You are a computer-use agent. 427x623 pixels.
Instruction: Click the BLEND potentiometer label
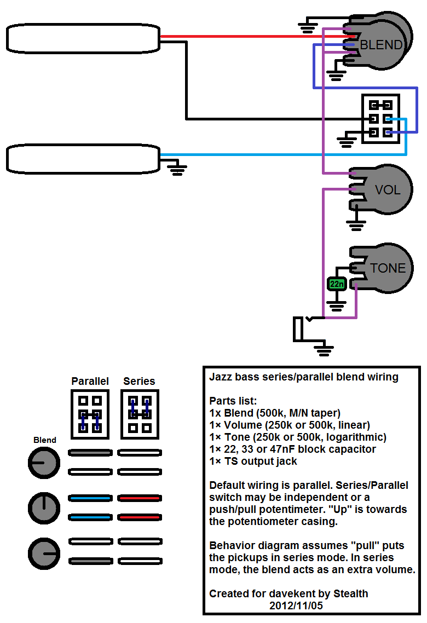coord(382,45)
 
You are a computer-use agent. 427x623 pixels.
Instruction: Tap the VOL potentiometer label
coord(388,190)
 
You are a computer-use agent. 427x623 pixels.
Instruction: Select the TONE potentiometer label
coord(388,268)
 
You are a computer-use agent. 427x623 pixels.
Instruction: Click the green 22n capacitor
coord(337,284)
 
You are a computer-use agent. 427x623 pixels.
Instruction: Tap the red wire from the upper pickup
coord(257,37)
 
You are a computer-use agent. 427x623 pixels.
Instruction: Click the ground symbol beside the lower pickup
coord(177,168)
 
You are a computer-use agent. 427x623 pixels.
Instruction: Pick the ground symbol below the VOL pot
coord(356,226)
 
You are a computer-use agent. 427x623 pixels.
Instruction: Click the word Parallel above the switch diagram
coord(90,382)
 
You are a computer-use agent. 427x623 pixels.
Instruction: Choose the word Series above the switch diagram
coord(139,382)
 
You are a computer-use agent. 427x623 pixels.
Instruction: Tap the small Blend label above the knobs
coord(45,440)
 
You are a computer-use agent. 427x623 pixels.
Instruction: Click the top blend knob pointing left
coord(44,463)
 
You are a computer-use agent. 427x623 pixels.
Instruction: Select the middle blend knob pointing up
coord(44,508)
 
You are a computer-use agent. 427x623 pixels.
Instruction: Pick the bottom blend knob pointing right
coord(44,553)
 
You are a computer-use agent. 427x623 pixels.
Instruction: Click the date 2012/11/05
coord(296,606)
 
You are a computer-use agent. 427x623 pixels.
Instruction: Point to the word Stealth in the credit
coord(351,593)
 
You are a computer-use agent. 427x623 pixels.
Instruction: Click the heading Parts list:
coord(233,401)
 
